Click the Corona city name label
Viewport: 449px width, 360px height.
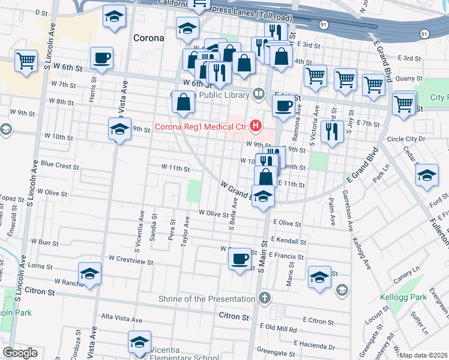148,38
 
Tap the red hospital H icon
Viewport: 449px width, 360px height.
256,125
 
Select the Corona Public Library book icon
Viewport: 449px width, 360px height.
259,93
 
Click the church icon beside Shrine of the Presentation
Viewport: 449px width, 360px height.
265,298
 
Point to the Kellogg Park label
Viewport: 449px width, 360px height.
403,297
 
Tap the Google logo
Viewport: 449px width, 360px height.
20,353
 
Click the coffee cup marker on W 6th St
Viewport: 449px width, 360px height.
101,58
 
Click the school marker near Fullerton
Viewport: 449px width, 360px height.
427,175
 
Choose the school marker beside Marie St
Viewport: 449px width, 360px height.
320,277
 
